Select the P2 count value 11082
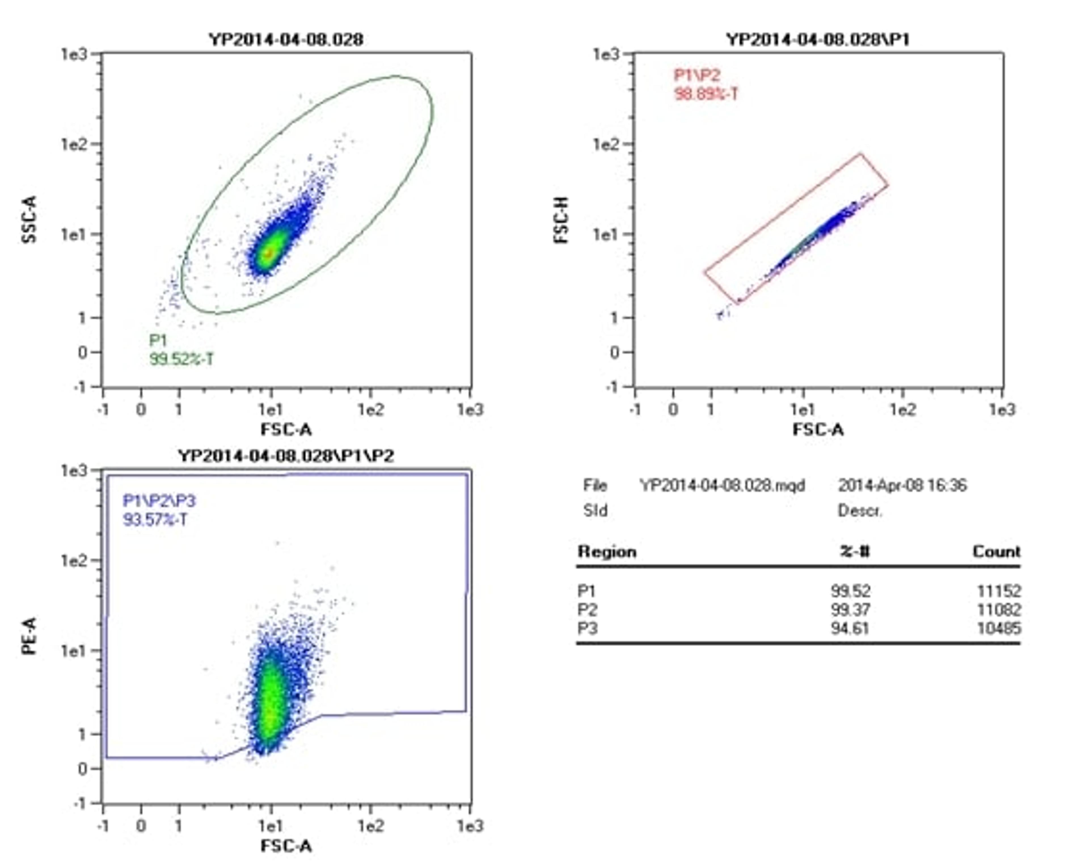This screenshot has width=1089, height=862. [998, 610]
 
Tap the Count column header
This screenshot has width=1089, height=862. [996, 552]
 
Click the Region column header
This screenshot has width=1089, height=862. [606, 552]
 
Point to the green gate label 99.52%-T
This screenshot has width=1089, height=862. [181, 359]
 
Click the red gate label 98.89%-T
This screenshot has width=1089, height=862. [706, 94]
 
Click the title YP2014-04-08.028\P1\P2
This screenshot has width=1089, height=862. [286, 456]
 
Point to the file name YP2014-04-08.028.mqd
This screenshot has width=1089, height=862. [722, 486]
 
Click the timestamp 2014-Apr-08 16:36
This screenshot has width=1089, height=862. [902, 486]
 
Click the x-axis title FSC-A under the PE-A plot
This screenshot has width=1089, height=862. [286, 846]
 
